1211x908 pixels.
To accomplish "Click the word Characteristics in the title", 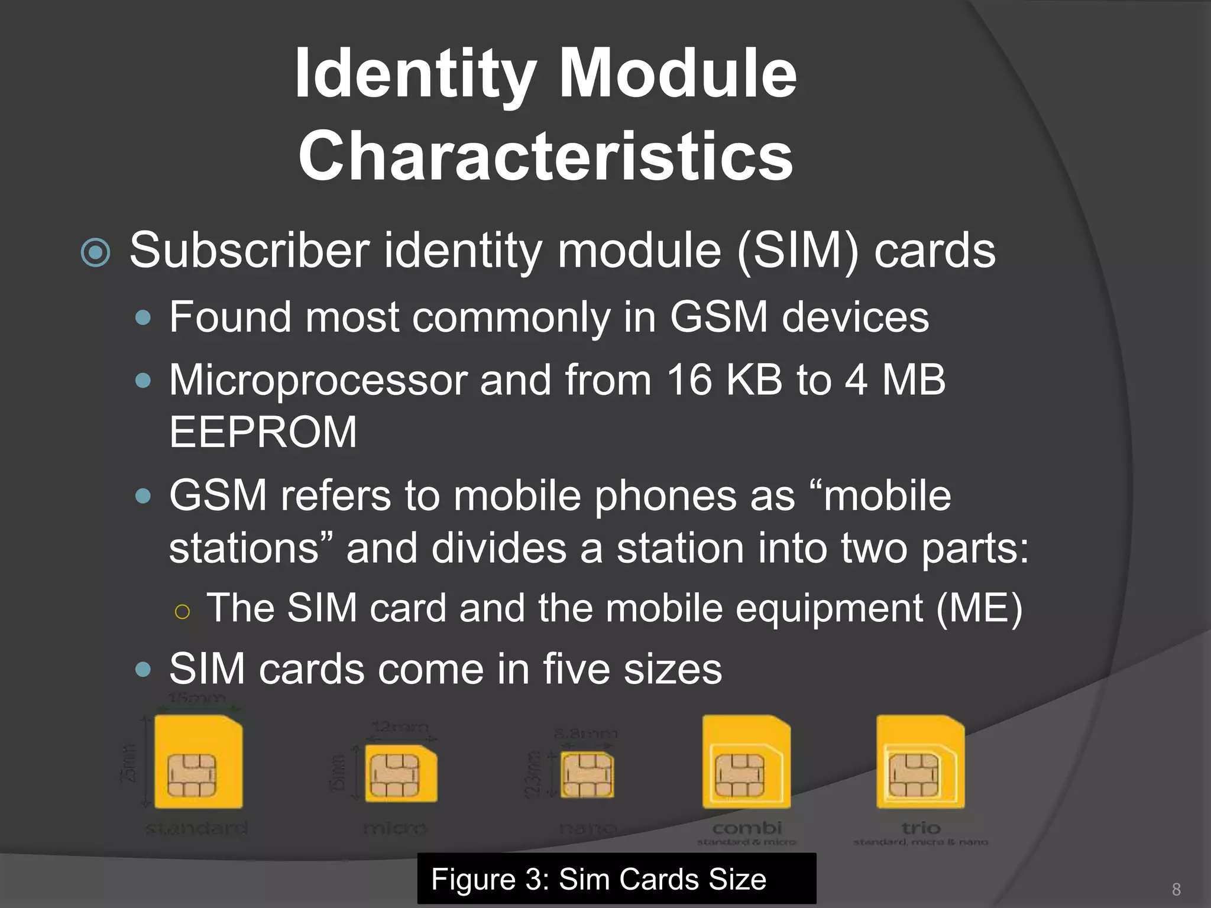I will (545, 156).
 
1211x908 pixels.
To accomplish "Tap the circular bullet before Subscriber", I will (95, 252).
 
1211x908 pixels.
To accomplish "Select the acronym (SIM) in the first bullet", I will (797, 251).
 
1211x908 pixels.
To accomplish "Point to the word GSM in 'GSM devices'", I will (718, 317).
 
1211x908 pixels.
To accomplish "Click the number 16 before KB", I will (689, 380).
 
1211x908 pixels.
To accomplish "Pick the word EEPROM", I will (263, 432).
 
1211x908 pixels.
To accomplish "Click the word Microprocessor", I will (318, 380).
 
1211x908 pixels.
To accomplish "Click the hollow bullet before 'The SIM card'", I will (182, 611).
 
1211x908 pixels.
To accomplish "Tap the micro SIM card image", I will (400, 773).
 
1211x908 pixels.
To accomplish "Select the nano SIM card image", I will (587, 774).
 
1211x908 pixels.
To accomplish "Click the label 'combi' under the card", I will (747, 828).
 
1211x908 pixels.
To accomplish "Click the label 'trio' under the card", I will (921, 828).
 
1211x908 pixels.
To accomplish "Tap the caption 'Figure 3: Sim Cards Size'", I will (598, 879).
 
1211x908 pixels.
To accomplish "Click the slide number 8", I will (1176, 889).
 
